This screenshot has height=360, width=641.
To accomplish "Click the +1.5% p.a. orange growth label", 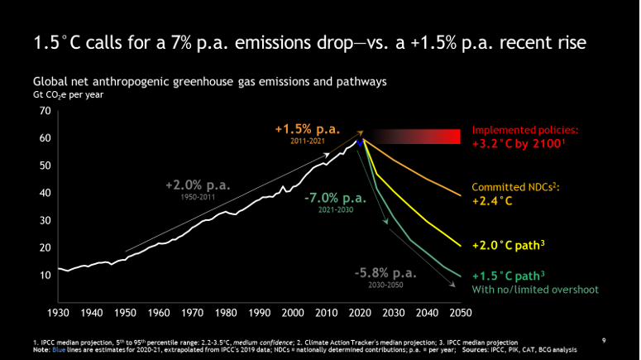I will (x=308, y=129).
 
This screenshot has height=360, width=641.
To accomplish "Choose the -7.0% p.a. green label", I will (x=335, y=199).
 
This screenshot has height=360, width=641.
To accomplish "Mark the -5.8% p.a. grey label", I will (x=386, y=271).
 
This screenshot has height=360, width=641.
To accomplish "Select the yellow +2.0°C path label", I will (x=512, y=246).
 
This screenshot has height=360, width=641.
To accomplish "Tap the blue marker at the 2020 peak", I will (x=360, y=143).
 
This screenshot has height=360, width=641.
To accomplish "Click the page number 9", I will (x=605, y=338).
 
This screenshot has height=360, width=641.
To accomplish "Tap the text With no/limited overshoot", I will (x=534, y=290).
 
